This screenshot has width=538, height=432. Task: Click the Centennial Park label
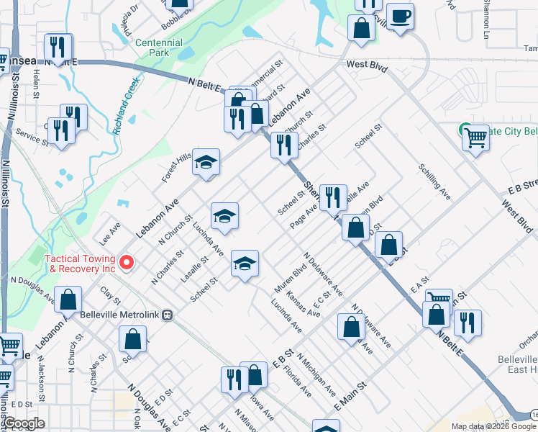(x=159, y=48)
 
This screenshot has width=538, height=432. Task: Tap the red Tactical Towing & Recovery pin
(x=127, y=263)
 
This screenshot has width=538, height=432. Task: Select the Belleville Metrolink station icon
(x=168, y=314)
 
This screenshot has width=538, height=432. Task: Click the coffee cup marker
(x=399, y=15)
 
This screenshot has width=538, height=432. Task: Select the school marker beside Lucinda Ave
(x=224, y=215)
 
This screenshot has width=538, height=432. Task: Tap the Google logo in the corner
(x=24, y=423)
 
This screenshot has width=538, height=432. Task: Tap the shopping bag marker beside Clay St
(x=68, y=299)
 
